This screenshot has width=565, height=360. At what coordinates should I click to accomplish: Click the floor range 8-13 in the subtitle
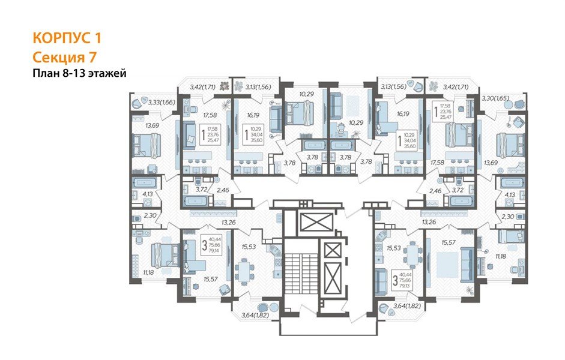click(x=70, y=73)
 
